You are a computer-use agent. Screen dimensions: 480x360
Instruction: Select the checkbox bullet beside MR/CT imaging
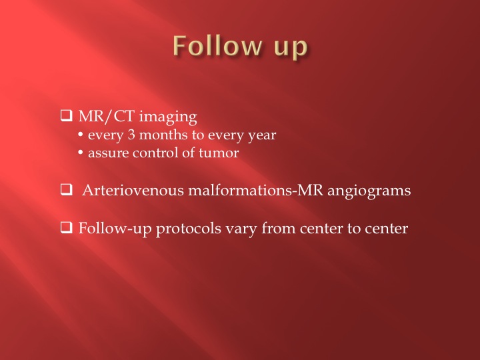pos(67,115)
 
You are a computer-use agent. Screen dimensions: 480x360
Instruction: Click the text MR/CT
pos(106,116)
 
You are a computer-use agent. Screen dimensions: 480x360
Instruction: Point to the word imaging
pos(168,117)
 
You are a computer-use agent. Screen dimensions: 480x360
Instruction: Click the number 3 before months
pos(131,135)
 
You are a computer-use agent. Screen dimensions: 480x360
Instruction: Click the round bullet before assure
pos(81,153)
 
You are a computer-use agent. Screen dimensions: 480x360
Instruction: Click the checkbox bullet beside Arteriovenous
pos(67,190)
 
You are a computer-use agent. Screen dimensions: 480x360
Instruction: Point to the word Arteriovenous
pos(133,190)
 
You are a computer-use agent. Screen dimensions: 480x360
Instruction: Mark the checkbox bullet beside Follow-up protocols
pos(67,228)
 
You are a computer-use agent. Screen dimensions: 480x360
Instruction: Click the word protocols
pos(189,229)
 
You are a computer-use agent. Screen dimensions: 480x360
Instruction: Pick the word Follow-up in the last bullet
pos(115,229)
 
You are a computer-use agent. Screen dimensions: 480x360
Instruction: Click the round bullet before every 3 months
pos(81,135)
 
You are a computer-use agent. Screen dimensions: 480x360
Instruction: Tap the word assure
pos(108,153)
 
